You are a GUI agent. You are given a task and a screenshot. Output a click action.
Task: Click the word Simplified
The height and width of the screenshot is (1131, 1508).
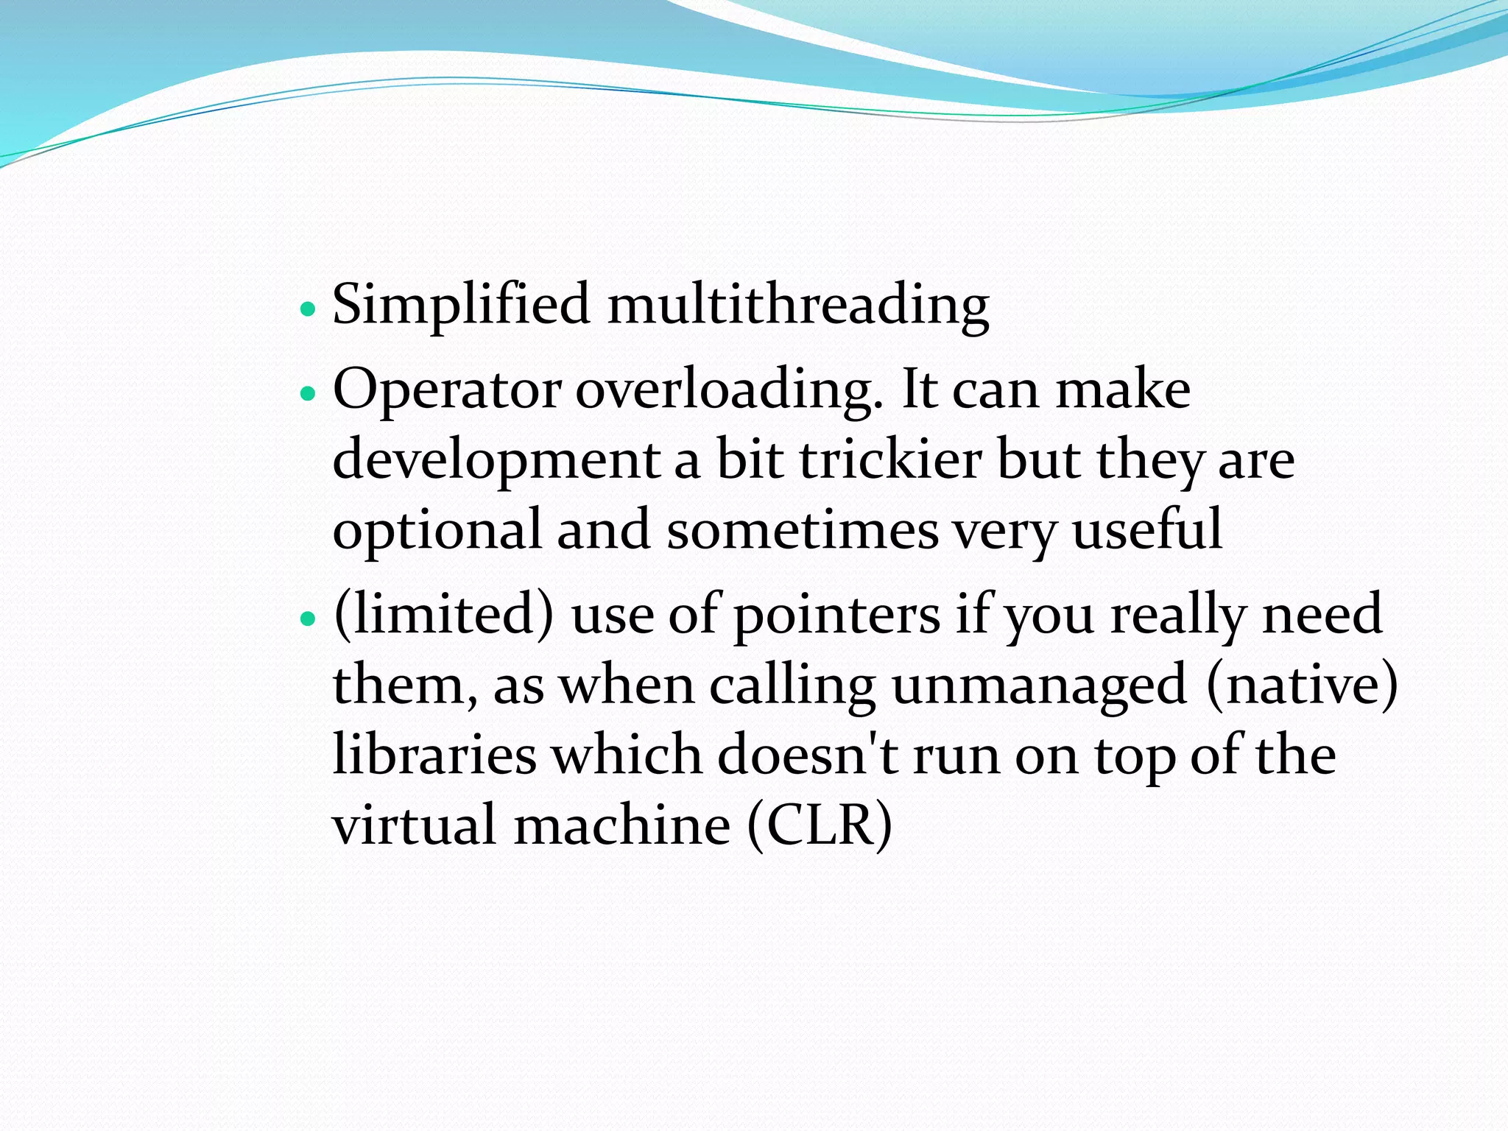pos(461,305)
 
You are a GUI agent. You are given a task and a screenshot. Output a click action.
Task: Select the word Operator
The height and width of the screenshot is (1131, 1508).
pos(446,390)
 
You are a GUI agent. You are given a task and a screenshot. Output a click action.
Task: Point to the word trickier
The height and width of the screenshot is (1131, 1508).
pos(890,460)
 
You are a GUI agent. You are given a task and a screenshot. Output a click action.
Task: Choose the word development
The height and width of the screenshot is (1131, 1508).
pos(496,460)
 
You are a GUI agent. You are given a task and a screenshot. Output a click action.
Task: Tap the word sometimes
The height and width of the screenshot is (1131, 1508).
pos(802,530)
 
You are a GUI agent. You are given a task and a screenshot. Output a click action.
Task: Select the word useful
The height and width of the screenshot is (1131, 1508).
pos(1146,530)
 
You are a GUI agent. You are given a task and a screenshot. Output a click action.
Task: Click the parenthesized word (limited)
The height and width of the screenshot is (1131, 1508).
pos(443,615)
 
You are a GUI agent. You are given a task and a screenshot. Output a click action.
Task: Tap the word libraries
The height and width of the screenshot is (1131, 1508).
pos(434,755)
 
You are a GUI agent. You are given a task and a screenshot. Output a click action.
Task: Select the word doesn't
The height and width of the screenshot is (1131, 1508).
pos(808,755)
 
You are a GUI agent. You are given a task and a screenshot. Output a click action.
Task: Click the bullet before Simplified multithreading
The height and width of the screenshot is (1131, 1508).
pos(308,309)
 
